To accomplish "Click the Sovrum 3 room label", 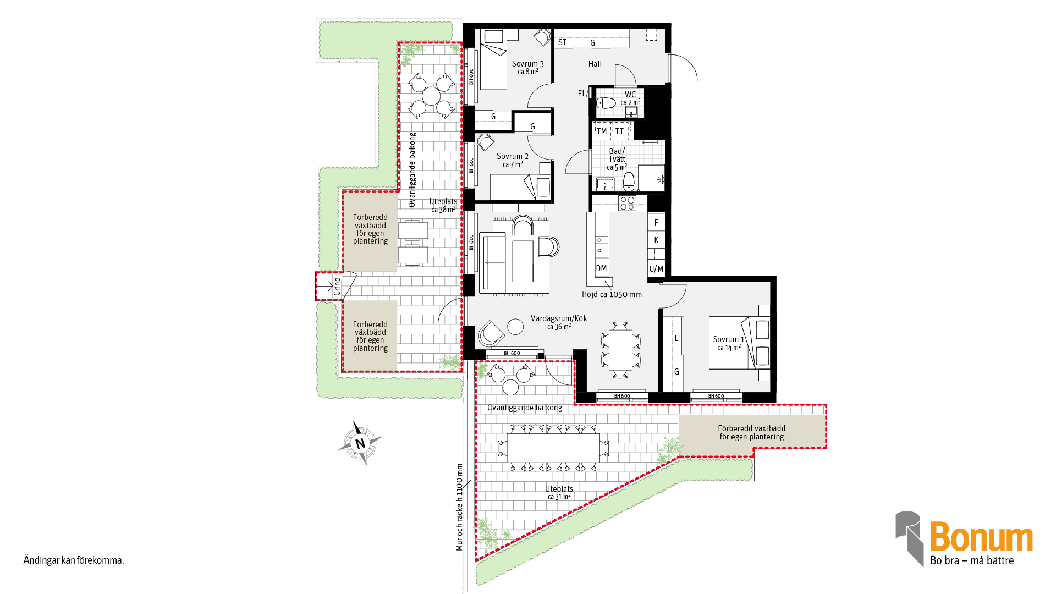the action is coord(527,64).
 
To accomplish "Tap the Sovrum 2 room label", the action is coord(512,156).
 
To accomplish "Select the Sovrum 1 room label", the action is coord(729,339).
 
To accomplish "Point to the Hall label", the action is coord(595,64).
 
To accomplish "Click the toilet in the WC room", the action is coord(606,103).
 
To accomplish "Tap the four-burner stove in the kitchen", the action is coord(628,203).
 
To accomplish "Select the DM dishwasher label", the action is coord(601,268).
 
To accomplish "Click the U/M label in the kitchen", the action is coord(656,269).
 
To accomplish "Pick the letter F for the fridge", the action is coord(656,223).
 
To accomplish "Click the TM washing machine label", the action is coord(602,131).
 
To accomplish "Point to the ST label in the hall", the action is coord(562,42).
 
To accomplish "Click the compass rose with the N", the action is coord(360,443).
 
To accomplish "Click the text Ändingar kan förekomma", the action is coord(74,560).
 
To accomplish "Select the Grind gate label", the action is coord(337,286).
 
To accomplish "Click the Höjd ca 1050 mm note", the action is coord(612,294).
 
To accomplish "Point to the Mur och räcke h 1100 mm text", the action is coord(459,507).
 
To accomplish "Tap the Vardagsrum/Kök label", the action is coord(559,318).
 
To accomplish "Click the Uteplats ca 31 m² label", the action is coord(559,493).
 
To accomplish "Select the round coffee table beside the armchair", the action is coord(515,327).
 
